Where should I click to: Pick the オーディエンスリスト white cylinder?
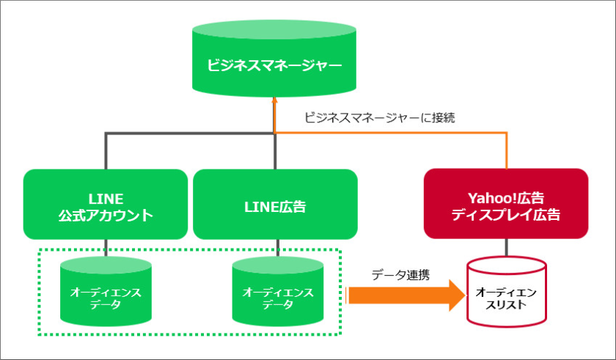[506, 293]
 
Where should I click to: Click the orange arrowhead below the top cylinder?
[274, 101]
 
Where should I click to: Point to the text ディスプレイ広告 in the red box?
[506, 215]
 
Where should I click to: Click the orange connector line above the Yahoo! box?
[507, 150]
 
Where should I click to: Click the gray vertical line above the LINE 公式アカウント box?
[106, 151]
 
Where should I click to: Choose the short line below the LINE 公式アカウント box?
[106, 247]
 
